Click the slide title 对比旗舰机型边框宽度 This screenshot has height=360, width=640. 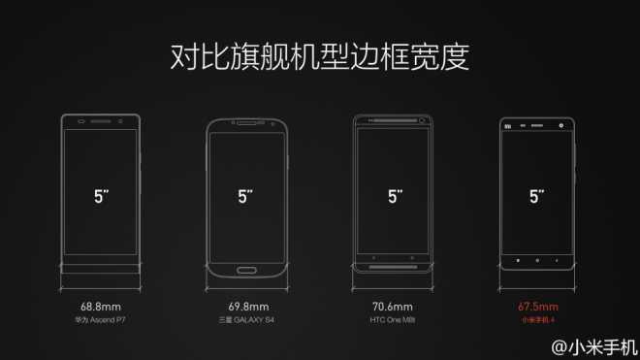(320, 56)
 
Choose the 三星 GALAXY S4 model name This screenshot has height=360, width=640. (245, 318)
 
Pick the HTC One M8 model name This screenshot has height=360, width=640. (393, 318)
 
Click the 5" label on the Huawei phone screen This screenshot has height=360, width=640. (100, 195)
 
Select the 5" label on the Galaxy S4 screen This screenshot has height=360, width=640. (246, 195)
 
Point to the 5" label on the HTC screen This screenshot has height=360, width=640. (394, 195)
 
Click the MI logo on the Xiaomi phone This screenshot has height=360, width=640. (506, 125)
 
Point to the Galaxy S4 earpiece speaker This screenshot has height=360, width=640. (246, 124)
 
